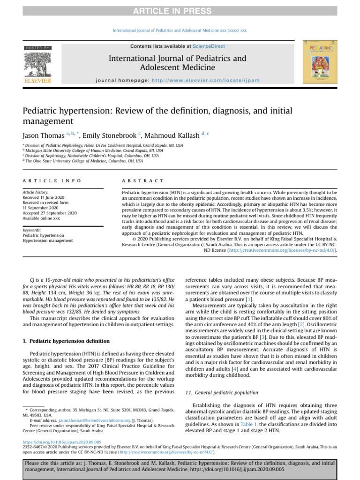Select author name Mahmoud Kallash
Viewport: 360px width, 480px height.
[173, 136]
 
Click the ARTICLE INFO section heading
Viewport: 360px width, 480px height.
[52, 181]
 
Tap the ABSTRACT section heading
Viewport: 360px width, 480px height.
[143, 181]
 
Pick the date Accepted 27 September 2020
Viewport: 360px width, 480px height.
[50, 213]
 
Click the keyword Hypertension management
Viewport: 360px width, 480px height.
[48, 240]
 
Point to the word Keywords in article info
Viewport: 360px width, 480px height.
[32, 230]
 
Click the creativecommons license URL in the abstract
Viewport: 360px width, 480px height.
[282, 250]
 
